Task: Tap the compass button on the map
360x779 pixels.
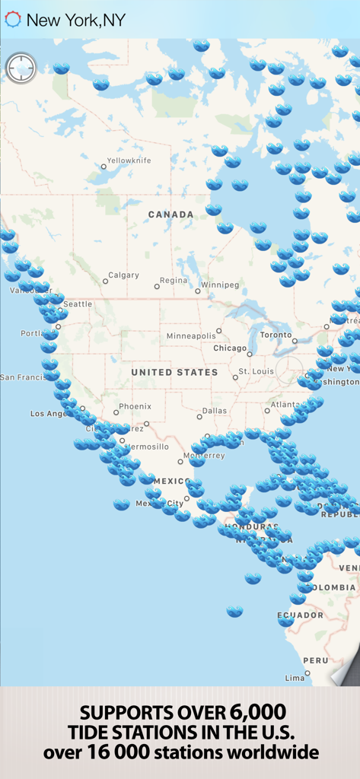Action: coord(21,68)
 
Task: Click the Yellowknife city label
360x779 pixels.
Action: coord(129,161)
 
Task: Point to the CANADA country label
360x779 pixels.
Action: coord(170,215)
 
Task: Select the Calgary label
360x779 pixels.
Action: coord(123,275)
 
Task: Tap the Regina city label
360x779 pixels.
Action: coord(173,281)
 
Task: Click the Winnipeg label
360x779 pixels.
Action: coord(220,285)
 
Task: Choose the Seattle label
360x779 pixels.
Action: coord(77,304)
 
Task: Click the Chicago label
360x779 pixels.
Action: coord(230,348)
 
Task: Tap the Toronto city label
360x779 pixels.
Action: coord(276,335)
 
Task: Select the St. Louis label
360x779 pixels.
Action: coord(256,371)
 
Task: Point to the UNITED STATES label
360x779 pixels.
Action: coord(174,373)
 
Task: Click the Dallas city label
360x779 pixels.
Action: coord(215,411)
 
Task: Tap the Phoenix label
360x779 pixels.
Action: coord(135,406)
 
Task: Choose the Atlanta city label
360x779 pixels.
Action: coord(285,405)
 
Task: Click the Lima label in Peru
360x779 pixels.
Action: coord(294,677)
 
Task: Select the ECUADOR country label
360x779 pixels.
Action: coord(295,615)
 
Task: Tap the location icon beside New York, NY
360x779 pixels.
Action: coord(13,20)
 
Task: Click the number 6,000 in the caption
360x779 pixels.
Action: coord(257,713)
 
